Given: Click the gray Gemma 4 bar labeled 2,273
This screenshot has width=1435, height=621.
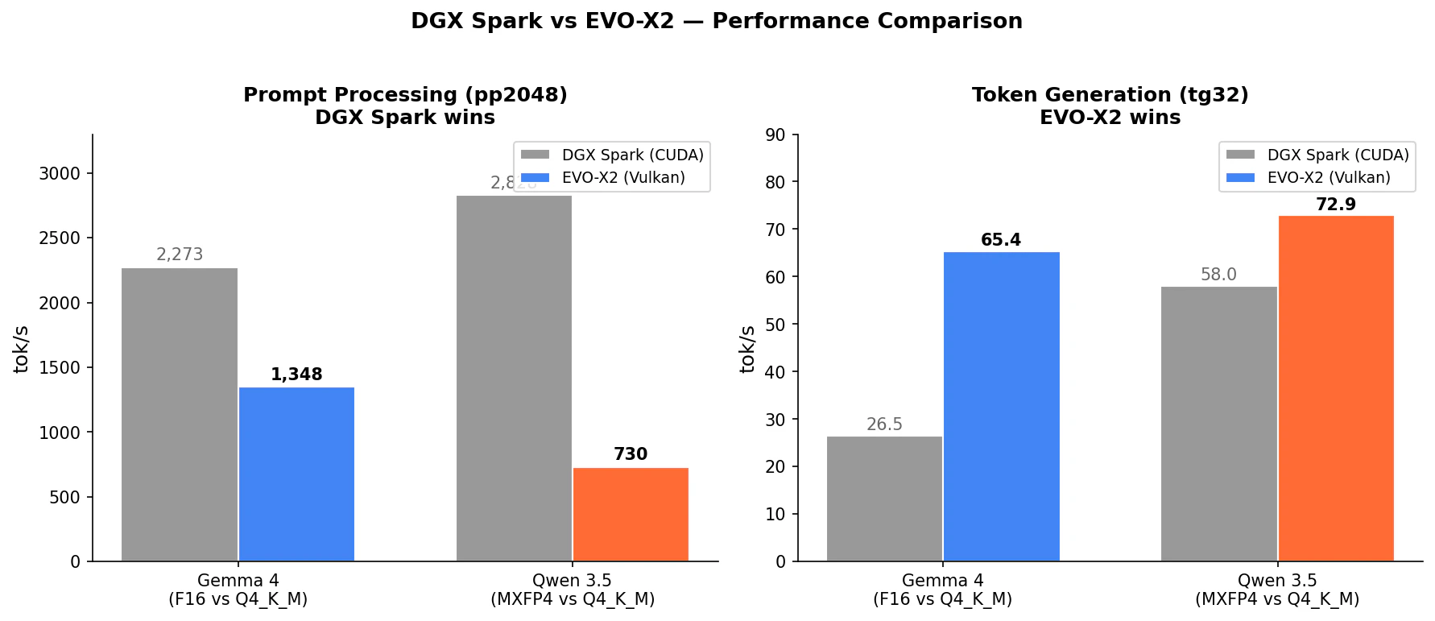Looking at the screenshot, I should [x=180, y=415].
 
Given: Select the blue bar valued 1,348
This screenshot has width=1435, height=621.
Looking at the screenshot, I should [x=296, y=474].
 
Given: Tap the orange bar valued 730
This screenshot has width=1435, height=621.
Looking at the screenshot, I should [x=631, y=515].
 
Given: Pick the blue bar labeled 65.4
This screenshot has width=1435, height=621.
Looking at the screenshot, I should [x=1001, y=407].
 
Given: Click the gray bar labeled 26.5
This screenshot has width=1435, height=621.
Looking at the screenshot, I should [x=884, y=499].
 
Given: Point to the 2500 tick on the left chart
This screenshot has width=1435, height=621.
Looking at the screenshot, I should [x=60, y=238].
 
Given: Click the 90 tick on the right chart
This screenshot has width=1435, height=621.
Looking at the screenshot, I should [x=775, y=135].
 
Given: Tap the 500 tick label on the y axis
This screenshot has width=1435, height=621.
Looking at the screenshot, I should [x=64, y=498].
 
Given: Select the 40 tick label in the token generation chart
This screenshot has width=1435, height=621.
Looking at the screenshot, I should [x=775, y=372].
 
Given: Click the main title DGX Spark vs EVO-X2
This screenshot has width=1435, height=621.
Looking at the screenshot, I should [x=716, y=21].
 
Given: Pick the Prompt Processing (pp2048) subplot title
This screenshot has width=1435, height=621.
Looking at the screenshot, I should [x=405, y=95].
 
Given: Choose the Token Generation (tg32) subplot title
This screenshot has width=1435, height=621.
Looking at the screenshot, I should [x=1110, y=95].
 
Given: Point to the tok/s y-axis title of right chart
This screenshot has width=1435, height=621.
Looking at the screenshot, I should [x=747, y=349].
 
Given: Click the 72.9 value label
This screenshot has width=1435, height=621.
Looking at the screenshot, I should [x=1336, y=205].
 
